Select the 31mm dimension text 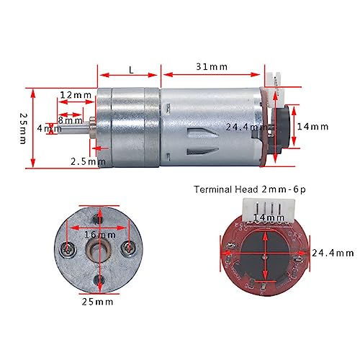click(x=212, y=67)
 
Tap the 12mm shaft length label click(x=76, y=95)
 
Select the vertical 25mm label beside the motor click(x=23, y=127)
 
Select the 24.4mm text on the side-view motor click(x=244, y=127)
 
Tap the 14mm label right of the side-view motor click(x=312, y=127)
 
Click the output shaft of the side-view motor click(x=88, y=129)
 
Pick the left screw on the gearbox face click(x=69, y=249)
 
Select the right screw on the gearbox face click(x=129, y=249)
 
